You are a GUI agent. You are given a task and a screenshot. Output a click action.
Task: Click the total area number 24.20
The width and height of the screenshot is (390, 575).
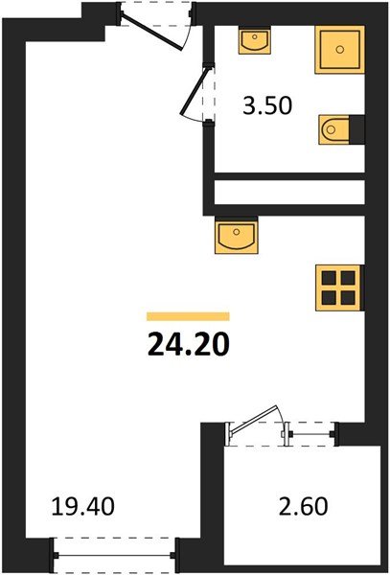[188, 342]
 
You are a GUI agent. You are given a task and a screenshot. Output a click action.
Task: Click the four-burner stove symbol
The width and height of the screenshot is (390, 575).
[338, 285]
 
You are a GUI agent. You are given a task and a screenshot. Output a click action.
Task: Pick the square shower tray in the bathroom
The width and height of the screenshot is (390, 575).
[339, 50]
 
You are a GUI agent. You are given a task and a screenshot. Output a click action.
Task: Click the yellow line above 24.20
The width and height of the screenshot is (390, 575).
[188, 315]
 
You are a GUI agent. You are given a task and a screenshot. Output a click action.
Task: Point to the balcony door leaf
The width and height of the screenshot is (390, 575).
[257, 425]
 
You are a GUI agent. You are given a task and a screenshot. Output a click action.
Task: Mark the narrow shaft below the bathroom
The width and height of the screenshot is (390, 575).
[287, 192]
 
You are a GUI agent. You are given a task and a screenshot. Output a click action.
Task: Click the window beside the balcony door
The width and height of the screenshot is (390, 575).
[311, 434]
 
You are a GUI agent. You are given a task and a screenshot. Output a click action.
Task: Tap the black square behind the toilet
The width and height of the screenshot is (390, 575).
[357, 126]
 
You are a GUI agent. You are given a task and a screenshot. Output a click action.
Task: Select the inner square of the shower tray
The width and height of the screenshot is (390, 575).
[339, 50]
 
